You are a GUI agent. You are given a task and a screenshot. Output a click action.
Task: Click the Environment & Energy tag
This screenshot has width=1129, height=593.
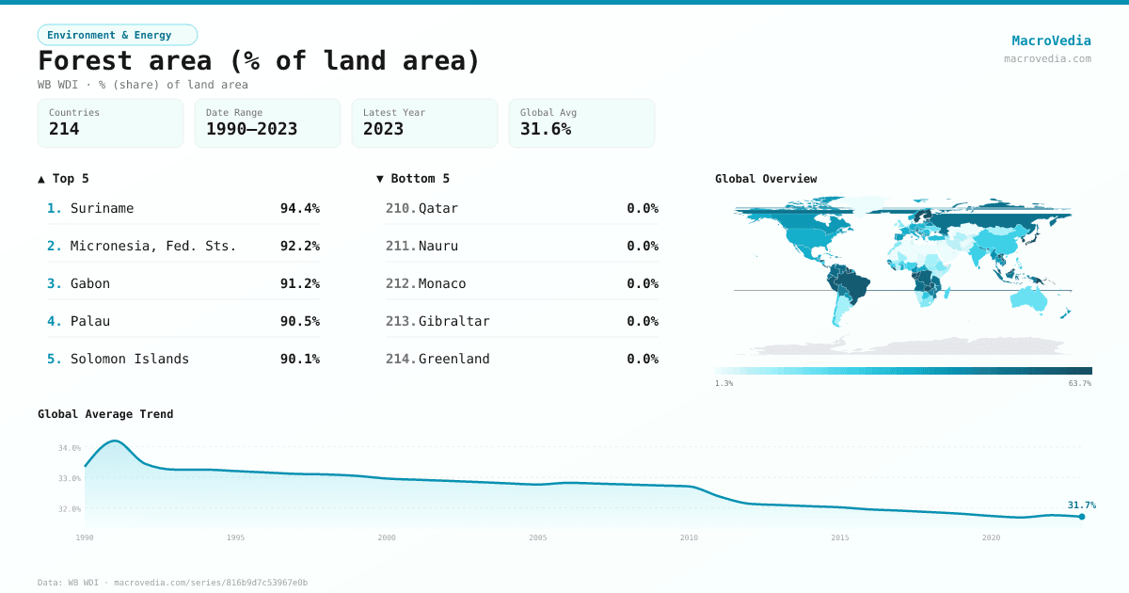117,35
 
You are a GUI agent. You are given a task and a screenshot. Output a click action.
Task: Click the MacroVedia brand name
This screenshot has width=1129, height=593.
1051,40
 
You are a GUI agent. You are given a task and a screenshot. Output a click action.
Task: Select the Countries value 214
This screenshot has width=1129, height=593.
64,130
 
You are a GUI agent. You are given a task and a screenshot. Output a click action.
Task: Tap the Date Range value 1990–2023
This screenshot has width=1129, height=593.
251,130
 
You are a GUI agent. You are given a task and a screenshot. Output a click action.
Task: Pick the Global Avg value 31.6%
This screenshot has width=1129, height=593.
546,130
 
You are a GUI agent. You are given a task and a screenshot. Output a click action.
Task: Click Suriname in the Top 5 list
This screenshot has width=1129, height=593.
102,208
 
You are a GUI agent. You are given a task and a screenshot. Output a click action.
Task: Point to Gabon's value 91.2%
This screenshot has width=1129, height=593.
299,283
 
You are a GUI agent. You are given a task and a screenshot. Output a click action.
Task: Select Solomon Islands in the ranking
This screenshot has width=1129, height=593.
129,359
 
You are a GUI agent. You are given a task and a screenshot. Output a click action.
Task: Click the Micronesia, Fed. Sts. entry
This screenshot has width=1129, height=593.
152,246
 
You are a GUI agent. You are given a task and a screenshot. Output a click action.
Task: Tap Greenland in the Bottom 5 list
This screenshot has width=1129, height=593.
453,359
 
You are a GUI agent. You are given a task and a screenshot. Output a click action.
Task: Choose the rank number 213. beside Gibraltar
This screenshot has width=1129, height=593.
400,321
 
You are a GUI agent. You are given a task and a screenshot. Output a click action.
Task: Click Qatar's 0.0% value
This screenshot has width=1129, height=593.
642,208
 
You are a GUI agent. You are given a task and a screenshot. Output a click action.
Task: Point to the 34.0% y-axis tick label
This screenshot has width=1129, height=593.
70,448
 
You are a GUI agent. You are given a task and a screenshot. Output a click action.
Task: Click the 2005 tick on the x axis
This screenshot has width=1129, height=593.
538,537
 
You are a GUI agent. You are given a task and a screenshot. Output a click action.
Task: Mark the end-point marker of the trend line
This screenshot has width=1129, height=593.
1082,517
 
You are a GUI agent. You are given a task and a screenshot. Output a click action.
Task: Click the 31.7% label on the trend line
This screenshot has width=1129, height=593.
1081,505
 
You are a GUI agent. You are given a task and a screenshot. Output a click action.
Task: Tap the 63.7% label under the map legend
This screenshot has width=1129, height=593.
1080,384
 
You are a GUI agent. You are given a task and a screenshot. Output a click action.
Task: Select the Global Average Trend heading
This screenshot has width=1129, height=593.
105,414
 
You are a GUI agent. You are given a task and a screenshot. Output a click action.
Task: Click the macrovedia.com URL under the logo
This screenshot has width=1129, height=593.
1047,58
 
